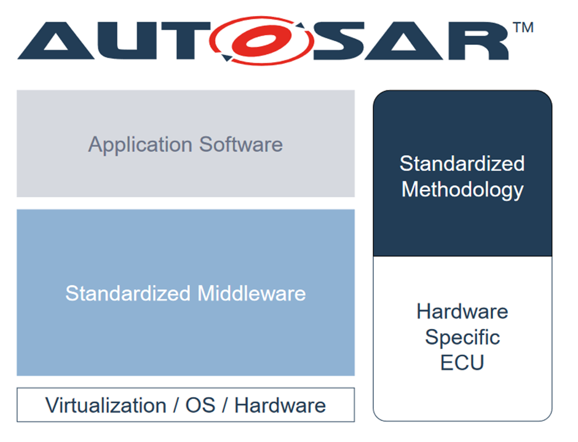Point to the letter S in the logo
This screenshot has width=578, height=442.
pyautogui.click(x=340, y=41)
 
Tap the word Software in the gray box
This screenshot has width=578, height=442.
pyautogui.click(x=241, y=144)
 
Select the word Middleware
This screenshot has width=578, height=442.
pyautogui.click(x=251, y=293)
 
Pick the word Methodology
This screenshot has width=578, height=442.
pyautogui.click(x=462, y=189)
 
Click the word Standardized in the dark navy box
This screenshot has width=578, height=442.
pyautogui.click(x=462, y=164)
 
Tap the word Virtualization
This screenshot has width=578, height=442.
pyautogui.click(x=106, y=406)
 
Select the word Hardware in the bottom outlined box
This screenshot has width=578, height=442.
pyautogui.click(x=280, y=406)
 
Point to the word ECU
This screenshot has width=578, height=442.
pyautogui.click(x=462, y=363)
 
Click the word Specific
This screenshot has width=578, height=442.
pyautogui.click(x=462, y=337)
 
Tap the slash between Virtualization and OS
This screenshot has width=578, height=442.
pyautogui.click(x=175, y=406)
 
